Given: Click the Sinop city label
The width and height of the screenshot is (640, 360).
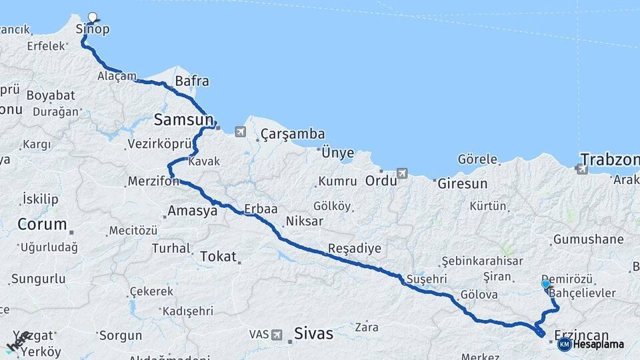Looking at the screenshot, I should [92, 30].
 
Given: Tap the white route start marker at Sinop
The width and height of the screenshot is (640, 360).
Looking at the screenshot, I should [92, 17].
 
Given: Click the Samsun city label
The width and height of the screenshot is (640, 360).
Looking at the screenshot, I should [183, 120].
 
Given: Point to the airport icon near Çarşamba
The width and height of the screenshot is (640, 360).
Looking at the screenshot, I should [240, 132].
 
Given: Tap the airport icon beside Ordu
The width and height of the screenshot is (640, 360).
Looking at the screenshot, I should [401, 173].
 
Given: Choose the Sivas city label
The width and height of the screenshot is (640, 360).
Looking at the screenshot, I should [313, 333].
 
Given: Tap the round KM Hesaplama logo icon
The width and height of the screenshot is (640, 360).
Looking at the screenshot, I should [564, 344].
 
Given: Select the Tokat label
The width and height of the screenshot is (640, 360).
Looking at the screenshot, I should [218, 255].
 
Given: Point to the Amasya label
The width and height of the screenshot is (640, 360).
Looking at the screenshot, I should [193, 211].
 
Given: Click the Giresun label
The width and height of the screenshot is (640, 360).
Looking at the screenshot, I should [463, 183].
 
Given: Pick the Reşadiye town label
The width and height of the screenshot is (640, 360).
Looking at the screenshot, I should [354, 249].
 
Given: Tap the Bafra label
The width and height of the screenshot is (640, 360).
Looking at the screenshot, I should [191, 82].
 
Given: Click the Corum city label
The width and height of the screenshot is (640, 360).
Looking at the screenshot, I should [42, 224].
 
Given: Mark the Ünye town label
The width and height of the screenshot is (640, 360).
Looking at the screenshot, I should [337, 153].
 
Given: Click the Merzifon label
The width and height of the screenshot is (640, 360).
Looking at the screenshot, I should [153, 181].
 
